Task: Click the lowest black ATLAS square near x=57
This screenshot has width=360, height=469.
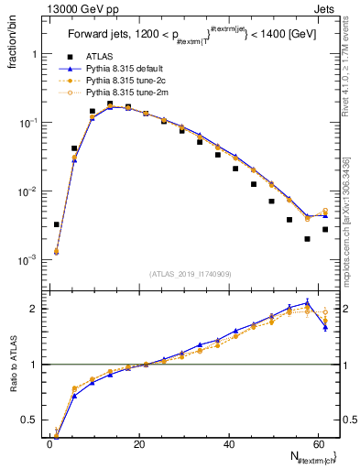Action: pos(307,239)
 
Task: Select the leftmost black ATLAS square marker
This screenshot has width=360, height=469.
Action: pos(57,224)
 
